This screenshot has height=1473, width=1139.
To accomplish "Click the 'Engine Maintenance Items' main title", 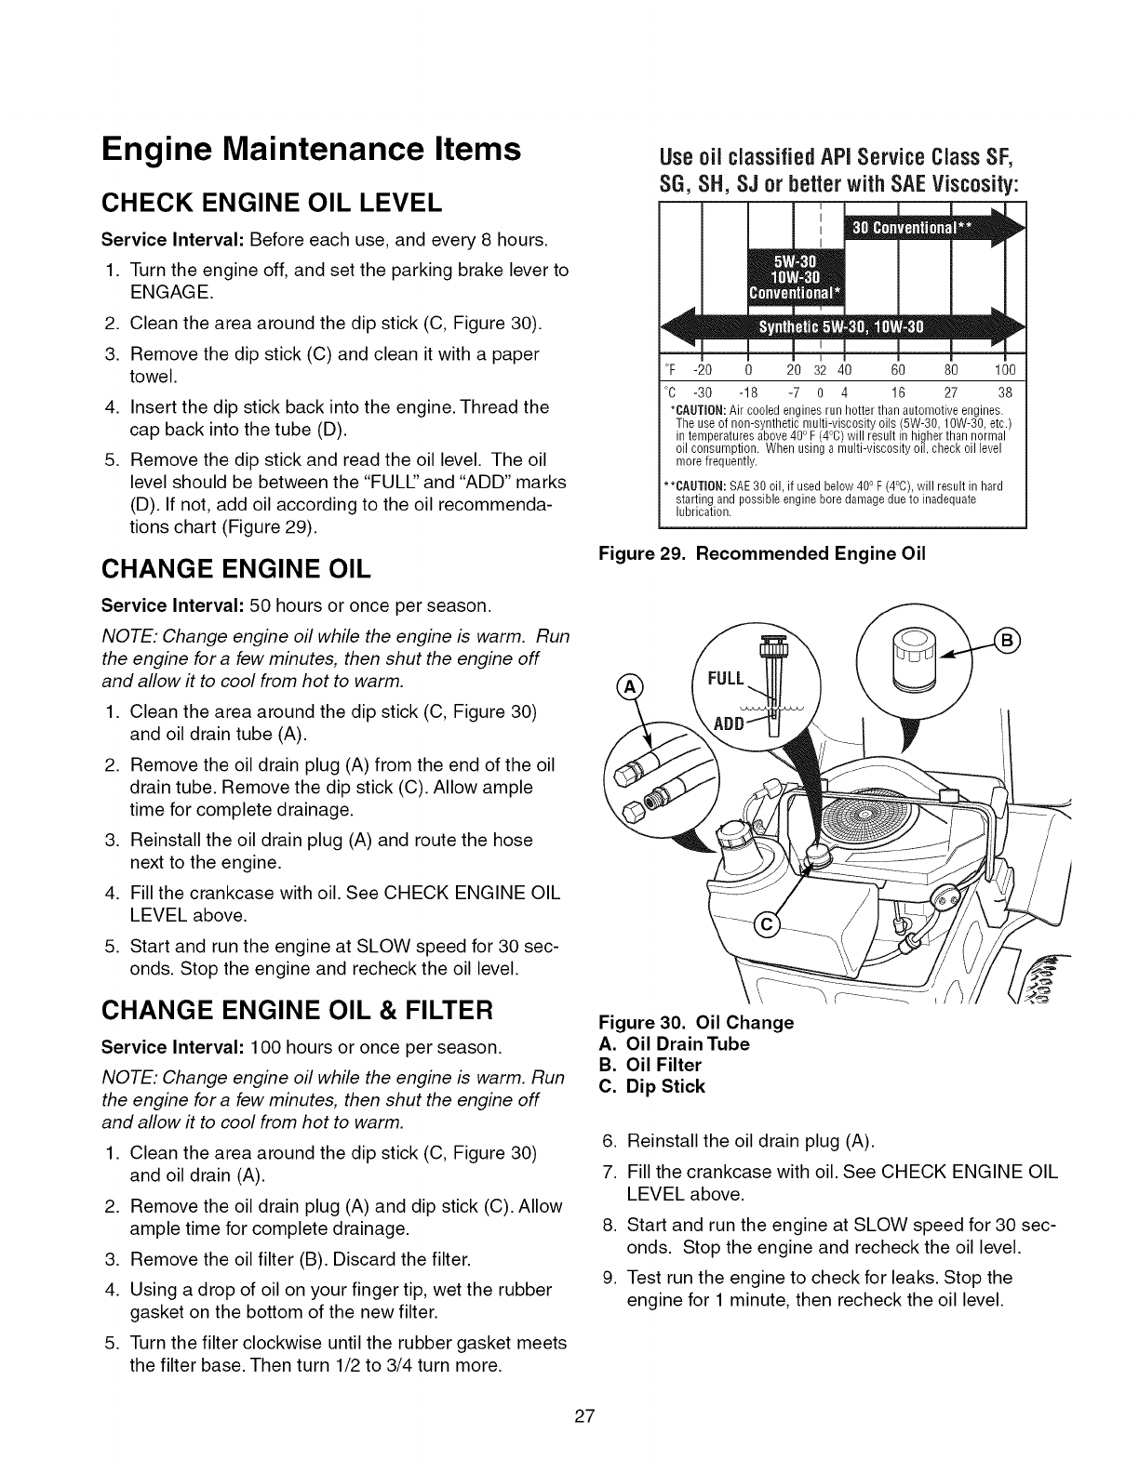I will pos(311,150).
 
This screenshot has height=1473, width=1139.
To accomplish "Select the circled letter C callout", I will pos(767,924).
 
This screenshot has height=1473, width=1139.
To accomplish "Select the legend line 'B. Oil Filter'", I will pos(650,1064).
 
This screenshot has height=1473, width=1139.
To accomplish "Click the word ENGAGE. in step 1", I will pos(170,294).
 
